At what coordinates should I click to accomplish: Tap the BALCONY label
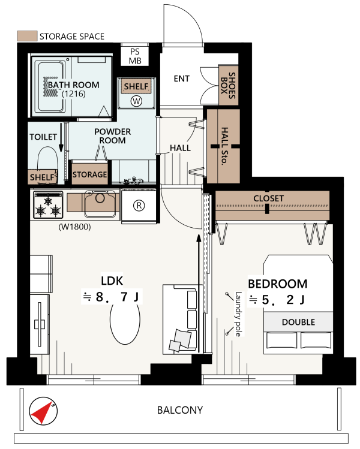180,410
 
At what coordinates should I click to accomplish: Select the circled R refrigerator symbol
139,205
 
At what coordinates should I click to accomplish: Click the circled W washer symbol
136,101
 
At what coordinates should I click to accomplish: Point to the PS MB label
135,56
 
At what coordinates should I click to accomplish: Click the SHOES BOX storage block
229,85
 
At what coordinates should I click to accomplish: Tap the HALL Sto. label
224,146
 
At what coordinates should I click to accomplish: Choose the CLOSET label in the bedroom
269,198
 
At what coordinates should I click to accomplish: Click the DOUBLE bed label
298,322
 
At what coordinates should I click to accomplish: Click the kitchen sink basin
100,204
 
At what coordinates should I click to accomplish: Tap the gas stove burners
48,205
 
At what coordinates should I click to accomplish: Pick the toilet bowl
47,161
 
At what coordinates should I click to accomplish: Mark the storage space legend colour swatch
28,36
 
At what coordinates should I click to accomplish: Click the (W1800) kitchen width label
74,227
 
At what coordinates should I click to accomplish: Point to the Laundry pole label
238,314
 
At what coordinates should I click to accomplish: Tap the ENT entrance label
181,79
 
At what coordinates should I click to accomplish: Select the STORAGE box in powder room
89,174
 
